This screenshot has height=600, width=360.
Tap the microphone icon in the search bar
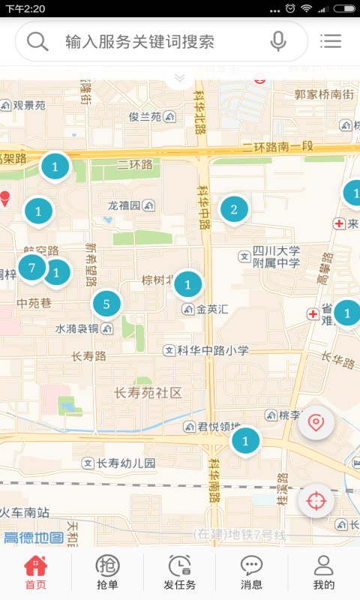click(x=278, y=41)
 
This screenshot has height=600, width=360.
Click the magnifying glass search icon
click(x=37, y=41)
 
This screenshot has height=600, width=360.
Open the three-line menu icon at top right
click(x=330, y=41)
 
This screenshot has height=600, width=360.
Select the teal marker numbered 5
click(x=106, y=304)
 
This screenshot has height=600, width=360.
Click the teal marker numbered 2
click(x=234, y=209)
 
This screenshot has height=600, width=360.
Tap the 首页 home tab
click(x=35, y=574)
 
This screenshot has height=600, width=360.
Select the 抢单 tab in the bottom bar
click(x=107, y=574)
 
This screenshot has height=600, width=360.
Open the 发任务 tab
click(x=179, y=574)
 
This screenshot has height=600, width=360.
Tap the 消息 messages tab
click(x=251, y=574)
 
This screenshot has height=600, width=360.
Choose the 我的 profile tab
click(x=323, y=574)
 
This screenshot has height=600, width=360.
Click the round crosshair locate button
click(x=316, y=501)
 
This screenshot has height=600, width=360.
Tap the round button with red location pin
click(x=316, y=423)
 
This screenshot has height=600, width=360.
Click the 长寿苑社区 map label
click(x=148, y=392)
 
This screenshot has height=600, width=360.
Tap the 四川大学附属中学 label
click(x=275, y=257)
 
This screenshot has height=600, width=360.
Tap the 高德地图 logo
click(x=33, y=537)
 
